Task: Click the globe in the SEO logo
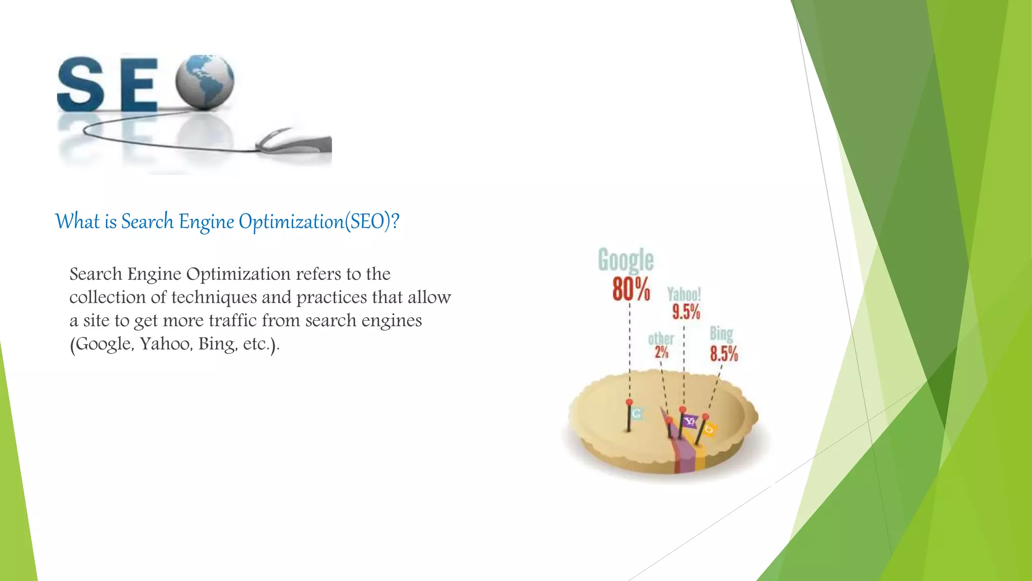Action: pos(205,82)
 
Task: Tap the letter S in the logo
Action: pos(81,84)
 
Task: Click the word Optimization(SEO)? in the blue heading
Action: pos(319,222)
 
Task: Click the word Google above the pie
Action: pos(625,260)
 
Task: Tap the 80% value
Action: pos(631,289)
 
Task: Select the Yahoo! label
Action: pos(684,294)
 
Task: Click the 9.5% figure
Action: pos(686,312)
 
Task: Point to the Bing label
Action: pos(721,333)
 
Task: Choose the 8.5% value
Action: pos(724,354)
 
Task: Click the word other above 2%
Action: pos(661,338)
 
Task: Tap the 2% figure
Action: pos(661,352)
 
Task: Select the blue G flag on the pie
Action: pos(636,414)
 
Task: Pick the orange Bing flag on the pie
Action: pos(709,429)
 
